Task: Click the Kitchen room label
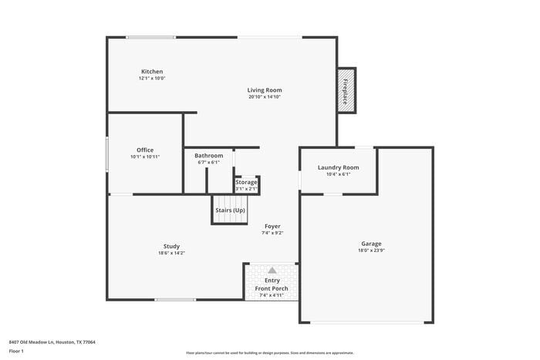[x=151, y=72]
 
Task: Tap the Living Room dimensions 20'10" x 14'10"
[x=264, y=97]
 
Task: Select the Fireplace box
[x=346, y=90]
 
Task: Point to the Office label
[x=145, y=150]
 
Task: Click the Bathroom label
[x=208, y=155]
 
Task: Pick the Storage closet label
[x=246, y=182]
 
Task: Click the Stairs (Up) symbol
[x=229, y=210]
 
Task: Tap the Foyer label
[x=272, y=225]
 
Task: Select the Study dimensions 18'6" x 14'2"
[x=171, y=253]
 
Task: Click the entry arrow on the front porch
[x=272, y=270]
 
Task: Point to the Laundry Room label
[x=338, y=167]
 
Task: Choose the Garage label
[x=370, y=244]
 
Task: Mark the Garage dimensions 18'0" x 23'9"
[x=370, y=251]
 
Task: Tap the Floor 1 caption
[x=16, y=351]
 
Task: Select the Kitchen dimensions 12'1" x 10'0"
[x=152, y=79]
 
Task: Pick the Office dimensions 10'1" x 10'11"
[x=145, y=156]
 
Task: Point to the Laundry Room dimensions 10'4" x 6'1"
[x=338, y=174]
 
